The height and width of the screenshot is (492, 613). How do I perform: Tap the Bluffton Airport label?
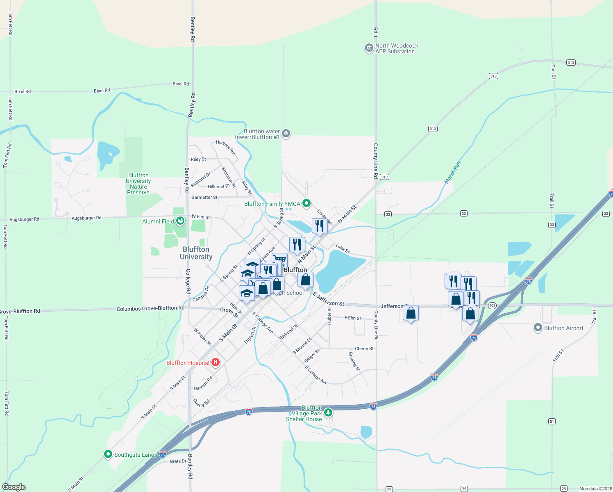pos(563,328)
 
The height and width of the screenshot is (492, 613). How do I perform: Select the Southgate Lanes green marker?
pos(108,454)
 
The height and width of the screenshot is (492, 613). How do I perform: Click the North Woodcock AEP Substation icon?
pos(369,48)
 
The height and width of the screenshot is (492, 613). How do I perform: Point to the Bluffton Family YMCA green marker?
pos(306,203)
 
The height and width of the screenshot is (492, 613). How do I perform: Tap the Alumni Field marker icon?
pos(180,221)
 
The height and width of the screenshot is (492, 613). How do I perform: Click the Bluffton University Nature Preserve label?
pos(138,184)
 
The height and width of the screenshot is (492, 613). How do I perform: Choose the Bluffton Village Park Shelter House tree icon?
pos(328,412)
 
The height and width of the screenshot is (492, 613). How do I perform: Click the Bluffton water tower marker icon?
pos(286,133)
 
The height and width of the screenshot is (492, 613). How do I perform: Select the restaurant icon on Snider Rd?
pos(319,225)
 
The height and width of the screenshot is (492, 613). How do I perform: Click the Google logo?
pos(14,487)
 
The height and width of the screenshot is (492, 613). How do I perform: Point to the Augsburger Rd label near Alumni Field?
pos(86,218)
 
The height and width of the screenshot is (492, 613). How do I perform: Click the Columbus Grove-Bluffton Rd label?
pos(150,308)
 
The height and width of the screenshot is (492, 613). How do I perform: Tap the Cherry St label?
pos(364,348)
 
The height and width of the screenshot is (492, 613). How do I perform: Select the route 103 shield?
pos(492,305)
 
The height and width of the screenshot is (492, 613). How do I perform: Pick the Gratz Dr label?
pos(178,461)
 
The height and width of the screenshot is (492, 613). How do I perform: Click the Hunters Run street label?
pos(226,148)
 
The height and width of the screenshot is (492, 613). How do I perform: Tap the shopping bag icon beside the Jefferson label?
pos(411,313)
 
